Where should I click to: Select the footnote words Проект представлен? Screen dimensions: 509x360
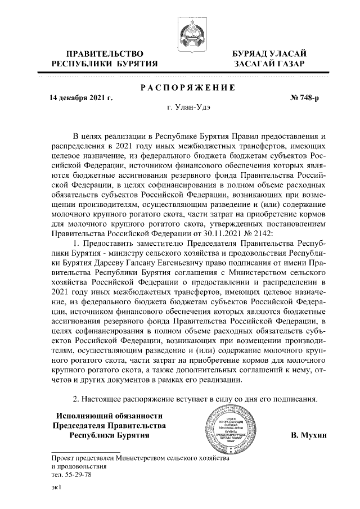coord(83,458)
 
